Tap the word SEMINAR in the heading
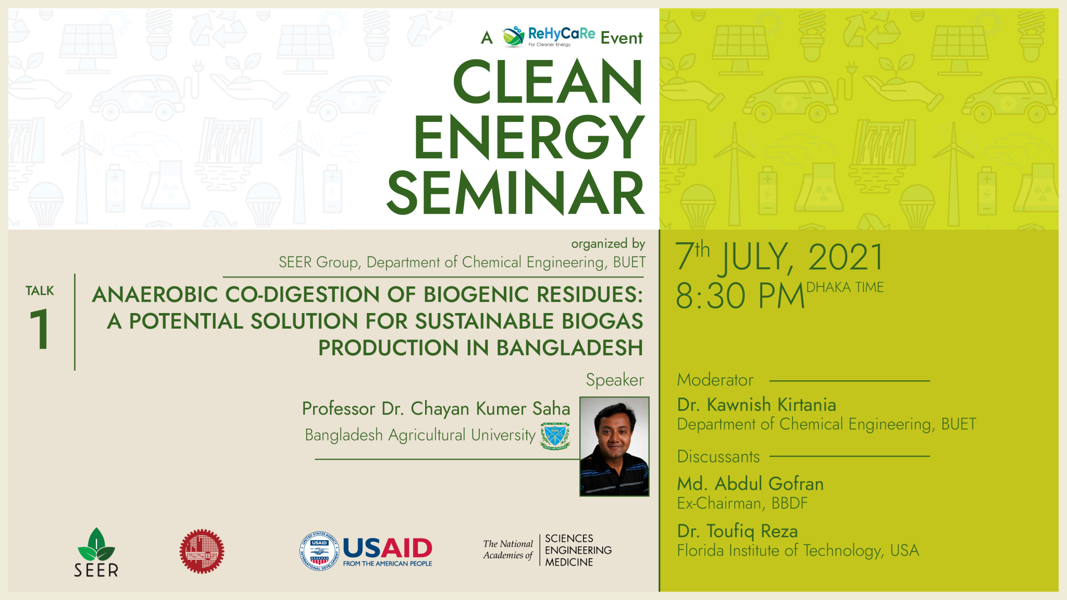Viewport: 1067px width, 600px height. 516,193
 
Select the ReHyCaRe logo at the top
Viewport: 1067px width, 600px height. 549,36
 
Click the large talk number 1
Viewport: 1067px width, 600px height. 40,329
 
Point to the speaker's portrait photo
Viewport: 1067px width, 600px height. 614,446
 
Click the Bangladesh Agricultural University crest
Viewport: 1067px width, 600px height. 555,436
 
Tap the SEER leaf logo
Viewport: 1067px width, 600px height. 96,552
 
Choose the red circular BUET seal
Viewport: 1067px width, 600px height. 202,552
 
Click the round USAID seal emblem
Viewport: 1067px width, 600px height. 319,551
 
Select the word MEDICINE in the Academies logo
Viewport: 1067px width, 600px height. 569,562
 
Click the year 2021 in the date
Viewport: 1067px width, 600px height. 846,257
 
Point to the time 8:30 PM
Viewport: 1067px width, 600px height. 740,296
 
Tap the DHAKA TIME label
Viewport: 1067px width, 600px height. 845,287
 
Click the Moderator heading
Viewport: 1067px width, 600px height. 715,380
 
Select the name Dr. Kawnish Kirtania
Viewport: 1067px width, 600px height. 756,405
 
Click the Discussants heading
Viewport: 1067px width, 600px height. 718,457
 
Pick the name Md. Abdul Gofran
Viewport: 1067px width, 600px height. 750,484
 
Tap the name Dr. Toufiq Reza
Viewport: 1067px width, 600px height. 737,532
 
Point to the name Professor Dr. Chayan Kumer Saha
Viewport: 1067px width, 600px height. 436,409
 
